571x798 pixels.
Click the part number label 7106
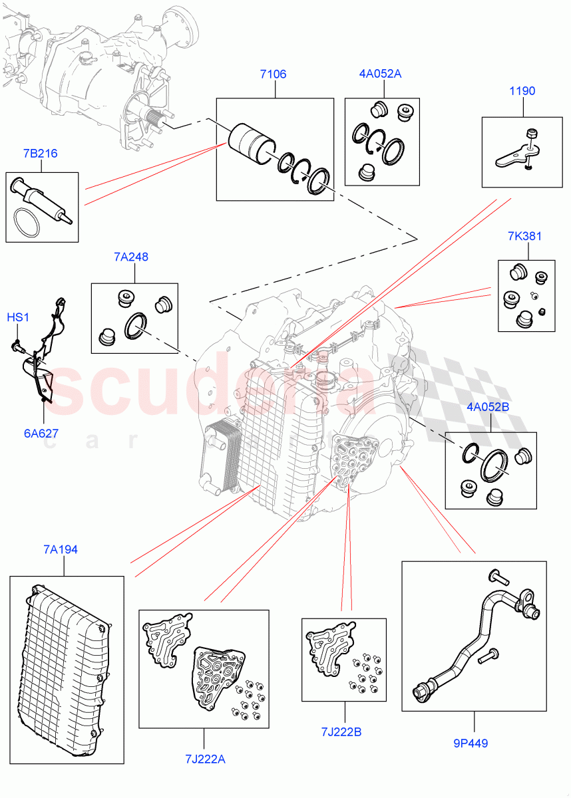273,74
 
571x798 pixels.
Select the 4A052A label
380,74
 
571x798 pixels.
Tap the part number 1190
522,91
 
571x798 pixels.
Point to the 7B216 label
40,154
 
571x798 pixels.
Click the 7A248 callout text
130,256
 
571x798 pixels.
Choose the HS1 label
18,318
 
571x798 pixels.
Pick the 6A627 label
41,434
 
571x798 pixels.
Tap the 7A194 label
61,549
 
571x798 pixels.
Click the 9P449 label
469,743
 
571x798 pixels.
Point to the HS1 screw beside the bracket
16,345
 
